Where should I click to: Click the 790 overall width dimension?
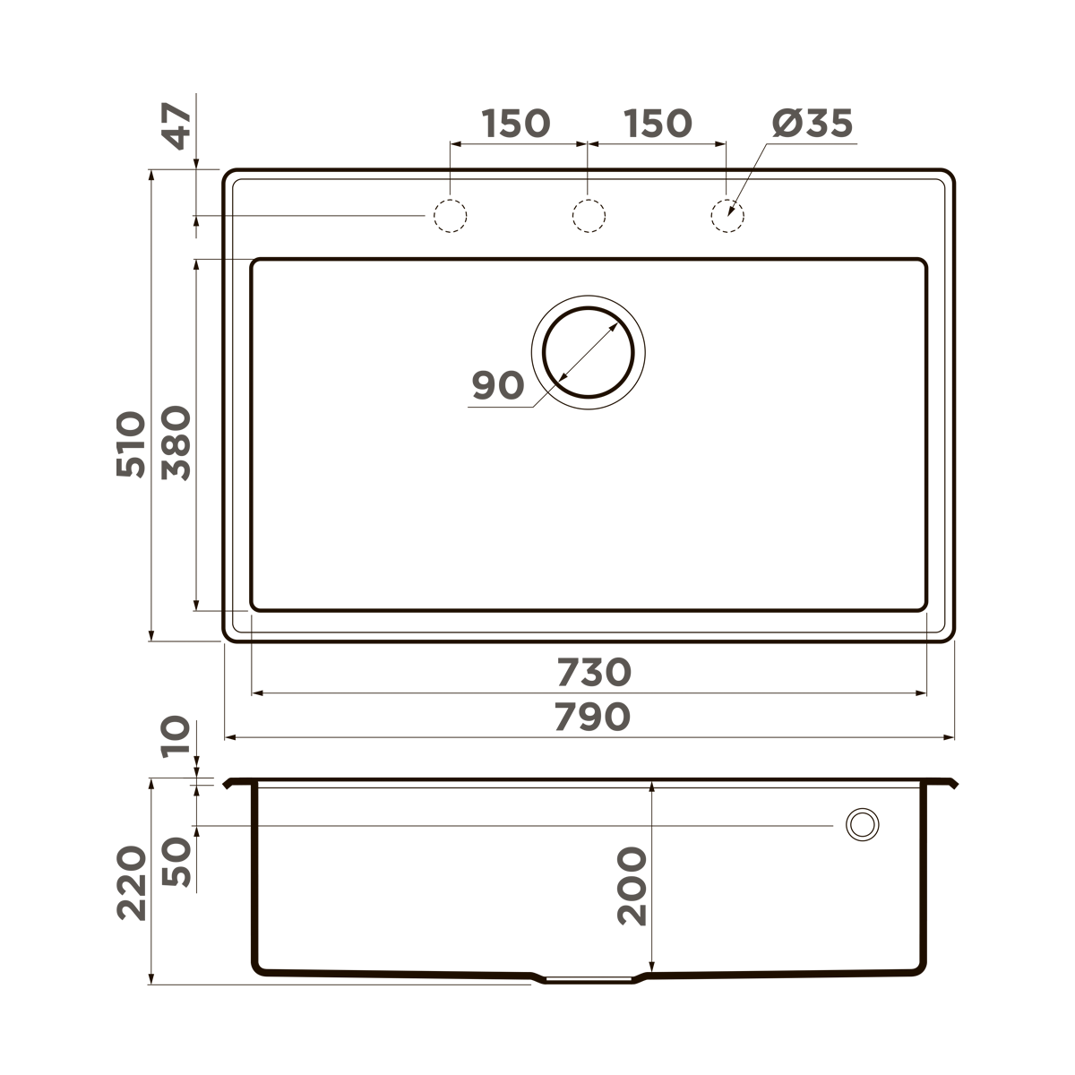pos(592,717)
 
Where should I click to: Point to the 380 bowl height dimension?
pos(176,443)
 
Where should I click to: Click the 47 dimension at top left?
pos(176,126)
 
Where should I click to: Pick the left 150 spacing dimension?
pos(516,124)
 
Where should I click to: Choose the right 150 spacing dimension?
pos(658,124)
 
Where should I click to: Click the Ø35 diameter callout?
pos(812,124)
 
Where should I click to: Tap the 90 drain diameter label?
pos(497,385)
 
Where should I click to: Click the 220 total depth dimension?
pos(132,881)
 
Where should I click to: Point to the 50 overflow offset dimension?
pos(176,862)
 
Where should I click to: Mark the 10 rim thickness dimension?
pos(176,736)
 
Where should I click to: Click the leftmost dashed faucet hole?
pos(450,216)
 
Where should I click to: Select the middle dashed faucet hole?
pos(588,216)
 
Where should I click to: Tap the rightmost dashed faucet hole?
pos(727,216)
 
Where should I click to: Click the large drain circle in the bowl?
pos(589,352)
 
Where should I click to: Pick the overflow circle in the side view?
pos(863,824)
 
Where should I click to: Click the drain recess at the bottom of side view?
pos(588,979)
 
